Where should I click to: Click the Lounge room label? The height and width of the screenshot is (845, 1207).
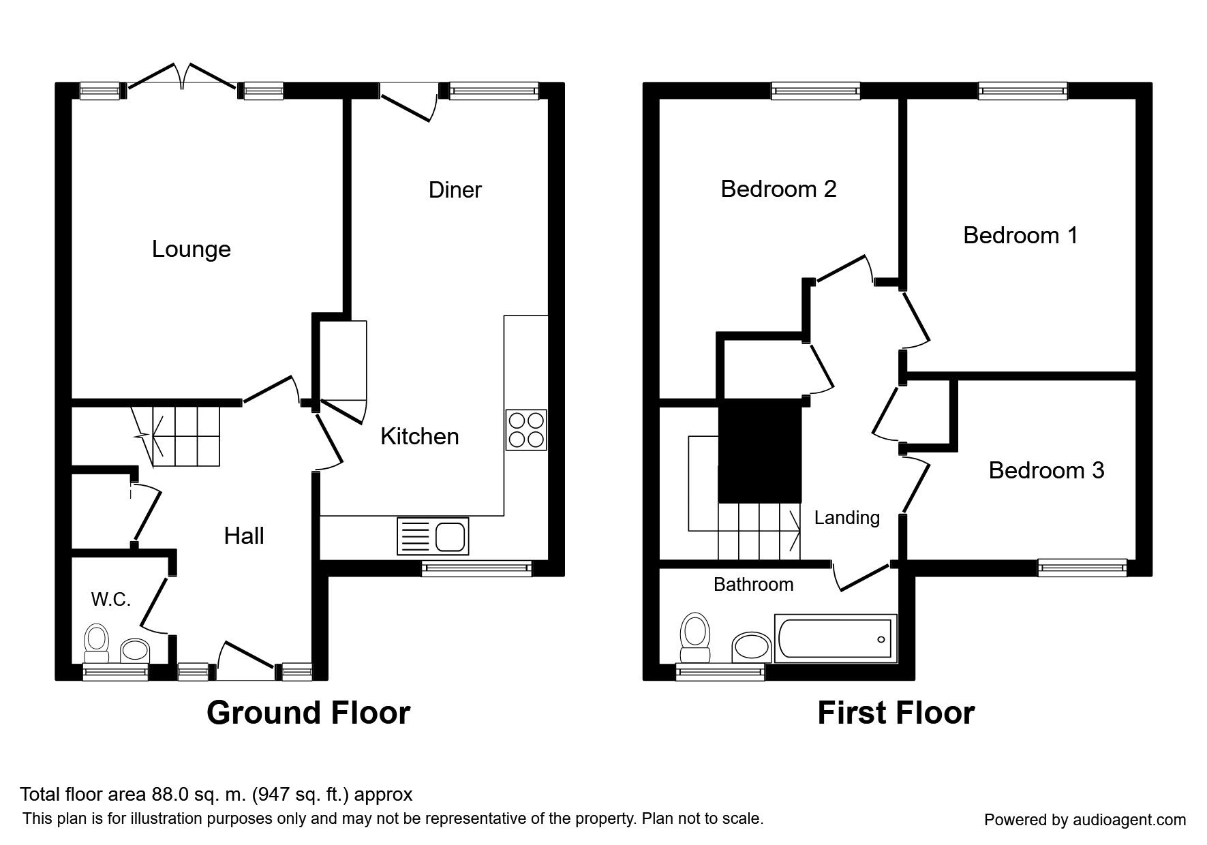pyautogui.click(x=191, y=249)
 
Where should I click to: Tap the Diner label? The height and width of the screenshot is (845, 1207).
pyautogui.click(x=455, y=190)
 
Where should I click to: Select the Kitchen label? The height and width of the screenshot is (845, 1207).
pyautogui.click(x=419, y=437)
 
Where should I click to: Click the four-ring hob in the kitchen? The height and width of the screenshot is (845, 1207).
pyautogui.click(x=526, y=429)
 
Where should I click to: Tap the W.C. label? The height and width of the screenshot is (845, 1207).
pyautogui.click(x=110, y=600)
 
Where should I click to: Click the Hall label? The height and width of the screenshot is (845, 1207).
pyautogui.click(x=244, y=536)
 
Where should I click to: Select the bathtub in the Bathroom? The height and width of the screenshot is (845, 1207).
pyautogui.click(x=836, y=639)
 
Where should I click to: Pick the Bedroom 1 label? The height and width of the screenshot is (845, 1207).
pyautogui.click(x=1020, y=236)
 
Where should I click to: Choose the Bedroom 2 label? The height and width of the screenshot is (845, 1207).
pyautogui.click(x=778, y=189)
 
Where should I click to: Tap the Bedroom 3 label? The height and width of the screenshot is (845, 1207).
pyautogui.click(x=1046, y=470)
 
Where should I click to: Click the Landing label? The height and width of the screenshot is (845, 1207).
pyautogui.click(x=846, y=518)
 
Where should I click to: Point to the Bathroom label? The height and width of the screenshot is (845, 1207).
pyautogui.click(x=753, y=585)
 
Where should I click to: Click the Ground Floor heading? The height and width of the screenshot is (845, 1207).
pyautogui.click(x=308, y=713)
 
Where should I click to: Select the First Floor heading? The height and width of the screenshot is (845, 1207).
pyautogui.click(x=896, y=713)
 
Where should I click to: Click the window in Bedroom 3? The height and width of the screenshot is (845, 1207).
pyautogui.click(x=1082, y=566)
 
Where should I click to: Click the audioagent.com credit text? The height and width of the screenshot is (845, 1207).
pyautogui.click(x=1085, y=820)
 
